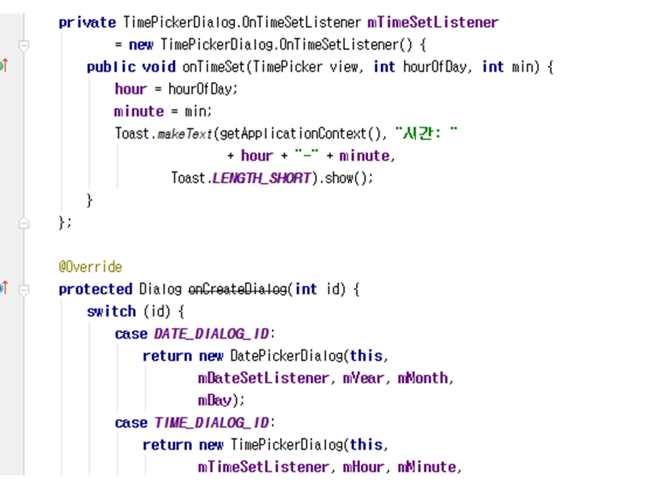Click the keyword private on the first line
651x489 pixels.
click(87, 22)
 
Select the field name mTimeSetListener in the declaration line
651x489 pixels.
click(433, 22)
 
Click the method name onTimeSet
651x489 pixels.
click(214, 67)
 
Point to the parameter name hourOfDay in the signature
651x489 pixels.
click(435, 67)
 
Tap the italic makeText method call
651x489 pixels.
click(184, 134)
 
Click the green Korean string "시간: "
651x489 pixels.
click(426, 133)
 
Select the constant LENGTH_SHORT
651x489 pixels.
click(262, 178)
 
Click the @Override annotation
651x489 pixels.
click(90, 267)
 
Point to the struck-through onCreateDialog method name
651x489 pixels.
click(237, 289)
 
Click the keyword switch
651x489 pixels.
click(111, 312)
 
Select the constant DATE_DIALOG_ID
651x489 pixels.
click(212, 334)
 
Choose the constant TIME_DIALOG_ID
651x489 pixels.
click(212, 423)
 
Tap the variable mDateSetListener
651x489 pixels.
click(264, 378)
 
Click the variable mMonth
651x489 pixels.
click(423, 378)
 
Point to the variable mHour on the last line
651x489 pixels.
click(363, 467)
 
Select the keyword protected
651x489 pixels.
click(96, 289)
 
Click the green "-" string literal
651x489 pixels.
click(307, 155)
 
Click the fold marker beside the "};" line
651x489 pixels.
click(24, 223)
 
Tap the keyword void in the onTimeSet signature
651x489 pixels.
click(159, 67)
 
